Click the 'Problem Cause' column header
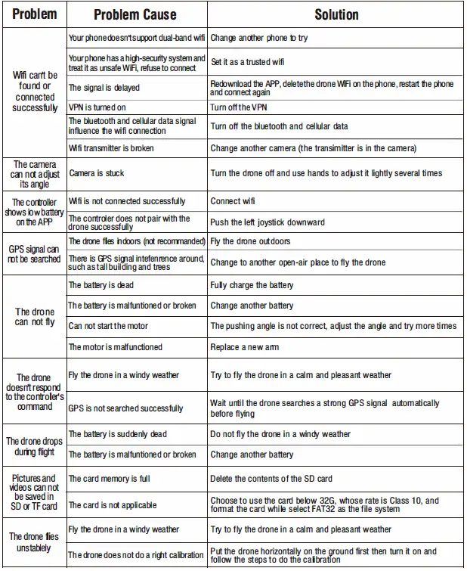point(135,14)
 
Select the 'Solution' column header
point(336,14)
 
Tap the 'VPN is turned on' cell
point(97,107)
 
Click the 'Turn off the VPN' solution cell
point(239,107)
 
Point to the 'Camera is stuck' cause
point(97,173)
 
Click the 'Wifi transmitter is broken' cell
point(111,148)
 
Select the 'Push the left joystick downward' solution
point(268,222)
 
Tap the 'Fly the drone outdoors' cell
point(250,241)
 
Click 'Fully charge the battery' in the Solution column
point(252,285)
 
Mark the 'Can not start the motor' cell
point(108,326)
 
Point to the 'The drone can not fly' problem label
point(35,317)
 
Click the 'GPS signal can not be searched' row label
point(34,254)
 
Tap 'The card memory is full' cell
point(109,479)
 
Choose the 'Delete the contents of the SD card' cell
point(271,479)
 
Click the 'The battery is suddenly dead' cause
point(118,434)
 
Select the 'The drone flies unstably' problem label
point(34,542)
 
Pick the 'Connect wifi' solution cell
point(233,201)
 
